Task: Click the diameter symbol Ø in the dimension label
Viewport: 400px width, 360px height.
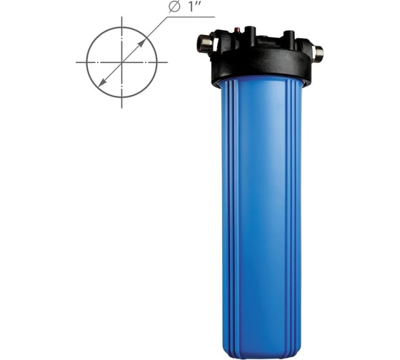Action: [174, 7]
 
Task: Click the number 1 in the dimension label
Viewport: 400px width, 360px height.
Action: [191, 7]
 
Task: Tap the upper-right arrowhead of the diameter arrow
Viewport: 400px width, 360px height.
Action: [142, 43]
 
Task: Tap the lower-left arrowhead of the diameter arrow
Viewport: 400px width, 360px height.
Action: [101, 82]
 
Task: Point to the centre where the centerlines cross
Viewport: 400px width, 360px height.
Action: [121, 62]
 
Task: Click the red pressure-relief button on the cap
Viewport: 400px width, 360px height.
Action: [238, 31]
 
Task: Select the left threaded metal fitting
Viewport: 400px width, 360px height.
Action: [204, 45]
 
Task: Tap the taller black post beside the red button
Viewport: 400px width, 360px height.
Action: [250, 32]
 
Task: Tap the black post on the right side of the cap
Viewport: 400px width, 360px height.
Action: [289, 36]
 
